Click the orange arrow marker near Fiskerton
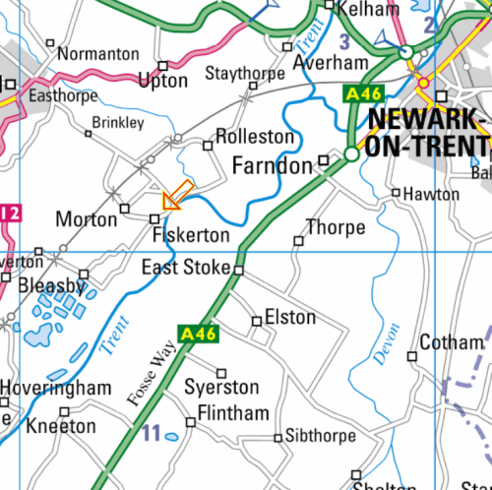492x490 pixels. click(x=177, y=196)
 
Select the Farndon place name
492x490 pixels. click(x=272, y=165)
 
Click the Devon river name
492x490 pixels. click(x=388, y=344)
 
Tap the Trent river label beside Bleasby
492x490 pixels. click(x=115, y=335)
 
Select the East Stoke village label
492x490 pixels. click(x=186, y=268)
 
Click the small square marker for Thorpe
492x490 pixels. click(x=299, y=240)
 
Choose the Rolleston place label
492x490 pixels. click(x=254, y=136)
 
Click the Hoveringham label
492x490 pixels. click(x=56, y=389)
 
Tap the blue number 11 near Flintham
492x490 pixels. click(x=151, y=432)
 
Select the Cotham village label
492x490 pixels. click(x=451, y=342)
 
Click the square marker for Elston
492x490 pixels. click(x=257, y=321)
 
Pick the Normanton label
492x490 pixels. click(x=98, y=54)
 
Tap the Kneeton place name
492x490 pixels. click(x=61, y=426)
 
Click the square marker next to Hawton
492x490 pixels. click(x=396, y=193)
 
